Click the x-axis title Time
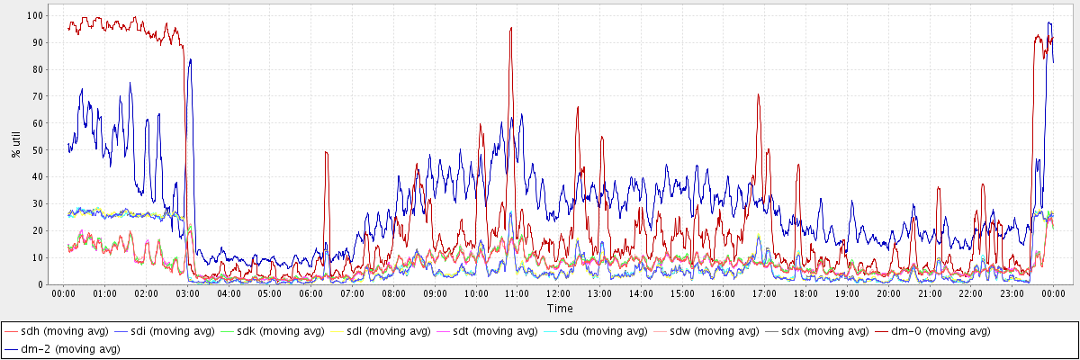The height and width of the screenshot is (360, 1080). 559,309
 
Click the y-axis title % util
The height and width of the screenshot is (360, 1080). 16,143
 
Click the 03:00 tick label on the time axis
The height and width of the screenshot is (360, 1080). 187,293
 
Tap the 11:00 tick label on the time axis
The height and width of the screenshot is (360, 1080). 517,293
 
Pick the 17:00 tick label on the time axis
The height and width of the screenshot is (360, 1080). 765,293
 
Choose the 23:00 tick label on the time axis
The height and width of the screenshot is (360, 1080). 1012,293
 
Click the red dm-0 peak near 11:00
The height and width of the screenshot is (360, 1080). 510,28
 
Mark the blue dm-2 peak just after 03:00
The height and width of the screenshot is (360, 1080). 190,59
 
